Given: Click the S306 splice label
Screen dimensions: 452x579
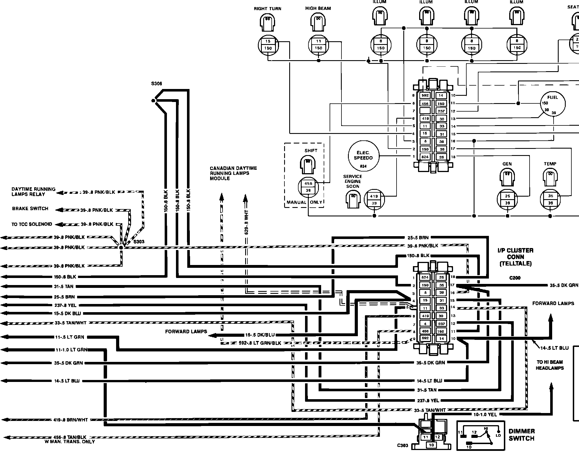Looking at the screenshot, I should tap(156, 84).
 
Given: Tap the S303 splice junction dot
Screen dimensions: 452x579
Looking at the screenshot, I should tap(121, 247).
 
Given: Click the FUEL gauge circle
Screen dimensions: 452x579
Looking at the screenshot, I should tap(553, 104).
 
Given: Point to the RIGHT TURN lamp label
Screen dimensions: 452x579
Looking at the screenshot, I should tap(267, 9).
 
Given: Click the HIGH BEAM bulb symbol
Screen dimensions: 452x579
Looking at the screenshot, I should tap(318, 21).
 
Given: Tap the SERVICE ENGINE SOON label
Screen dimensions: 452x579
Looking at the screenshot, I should tap(353, 181).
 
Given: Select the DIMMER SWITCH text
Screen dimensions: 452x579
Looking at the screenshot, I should tap(522, 435).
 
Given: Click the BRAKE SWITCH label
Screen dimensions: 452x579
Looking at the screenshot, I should tap(30, 209).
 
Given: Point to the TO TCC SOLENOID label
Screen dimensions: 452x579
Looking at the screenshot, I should tap(32, 224).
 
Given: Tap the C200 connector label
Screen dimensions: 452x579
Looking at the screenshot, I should tap(515, 278).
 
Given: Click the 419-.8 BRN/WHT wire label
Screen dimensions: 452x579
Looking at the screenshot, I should tap(71, 420).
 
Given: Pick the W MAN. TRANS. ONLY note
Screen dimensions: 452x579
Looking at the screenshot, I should tap(69, 442).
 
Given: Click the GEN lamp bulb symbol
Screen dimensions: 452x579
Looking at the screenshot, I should tap(507, 177).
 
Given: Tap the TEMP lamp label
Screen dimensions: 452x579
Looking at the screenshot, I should tap(550, 164).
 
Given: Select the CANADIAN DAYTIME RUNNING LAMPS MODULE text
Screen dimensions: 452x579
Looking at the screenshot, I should tap(233, 173).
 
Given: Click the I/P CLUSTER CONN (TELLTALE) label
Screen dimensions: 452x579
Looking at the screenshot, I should tap(515, 257).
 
